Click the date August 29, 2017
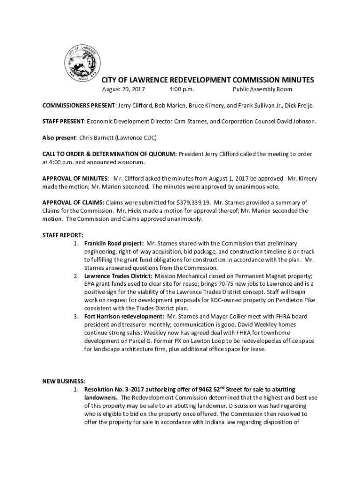point(123,89)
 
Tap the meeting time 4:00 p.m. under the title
point(182,89)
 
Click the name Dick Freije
point(298,106)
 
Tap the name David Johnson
point(297,122)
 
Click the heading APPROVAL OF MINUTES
point(76,178)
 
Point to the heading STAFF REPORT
point(63,235)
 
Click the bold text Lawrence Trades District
point(118,276)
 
